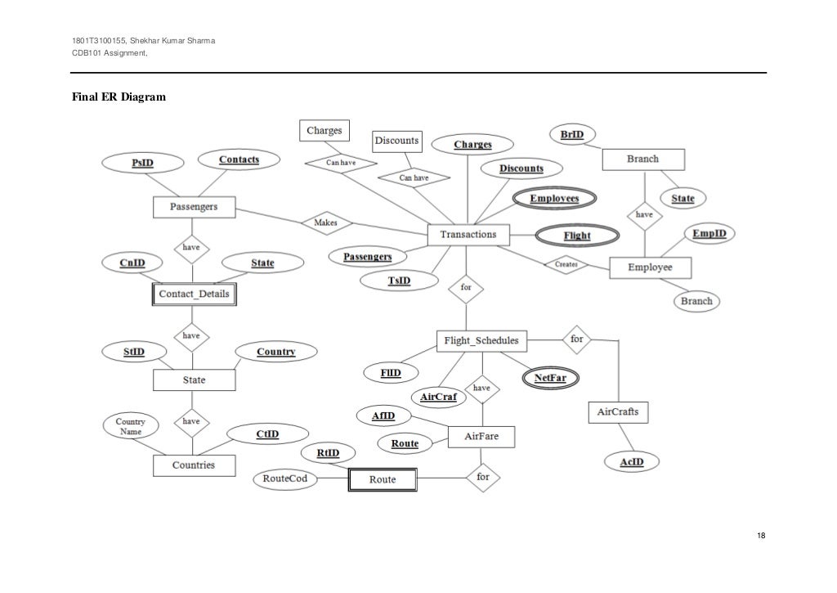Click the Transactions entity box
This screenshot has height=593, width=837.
pyautogui.click(x=468, y=235)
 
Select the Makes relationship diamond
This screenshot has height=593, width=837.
pyautogui.click(x=326, y=222)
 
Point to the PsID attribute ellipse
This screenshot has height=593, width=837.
pyautogui.click(x=142, y=163)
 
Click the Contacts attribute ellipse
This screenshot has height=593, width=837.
pyautogui.click(x=239, y=159)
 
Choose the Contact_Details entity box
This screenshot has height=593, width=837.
pyautogui.click(x=194, y=294)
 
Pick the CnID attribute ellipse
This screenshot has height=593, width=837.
pyautogui.click(x=133, y=263)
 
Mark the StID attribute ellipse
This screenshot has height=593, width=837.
pyautogui.click(x=134, y=352)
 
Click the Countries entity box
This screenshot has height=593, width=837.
pyautogui.click(x=194, y=465)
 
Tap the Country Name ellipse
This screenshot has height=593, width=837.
pyautogui.click(x=131, y=425)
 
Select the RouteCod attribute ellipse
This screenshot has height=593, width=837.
pyautogui.click(x=284, y=479)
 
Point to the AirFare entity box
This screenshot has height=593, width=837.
pyautogui.click(x=481, y=437)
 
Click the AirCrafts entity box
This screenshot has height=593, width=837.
pyautogui.click(x=618, y=412)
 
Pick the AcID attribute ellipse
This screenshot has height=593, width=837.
pyautogui.click(x=632, y=463)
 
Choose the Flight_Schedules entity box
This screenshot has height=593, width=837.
pyautogui.click(x=481, y=340)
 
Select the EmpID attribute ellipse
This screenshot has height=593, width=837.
pyautogui.click(x=709, y=235)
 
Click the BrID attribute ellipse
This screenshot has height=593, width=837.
pyautogui.click(x=572, y=134)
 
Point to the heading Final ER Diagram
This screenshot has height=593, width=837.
pyautogui.click(x=119, y=97)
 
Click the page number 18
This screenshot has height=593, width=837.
pyautogui.click(x=761, y=536)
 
